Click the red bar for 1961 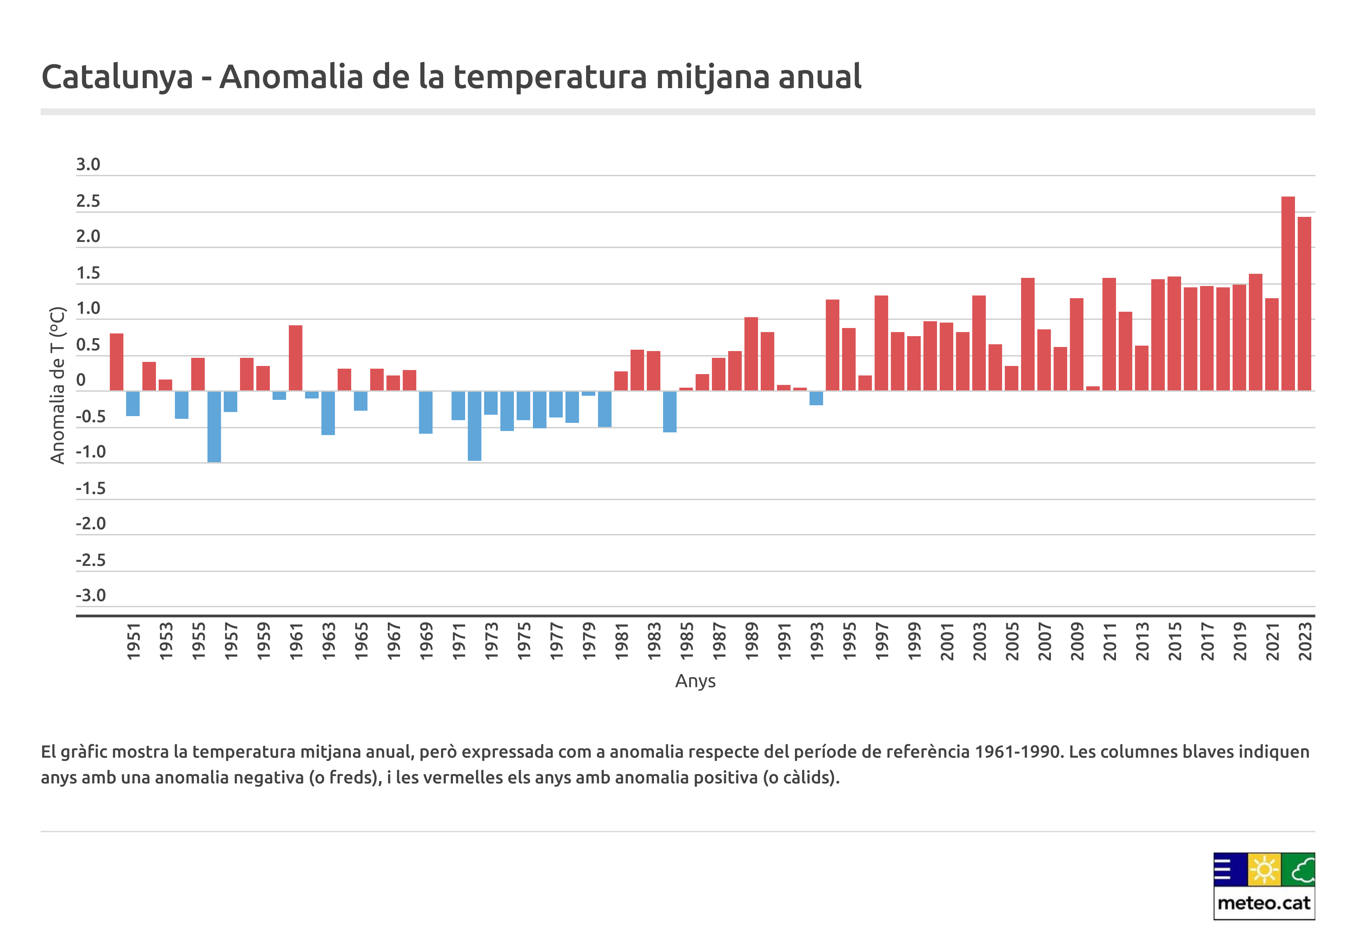coord(296,358)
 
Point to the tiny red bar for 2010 coord(1093,388)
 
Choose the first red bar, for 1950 coord(117,362)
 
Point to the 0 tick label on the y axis coord(81,380)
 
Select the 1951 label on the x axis coord(134,641)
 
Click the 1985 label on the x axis coord(686,641)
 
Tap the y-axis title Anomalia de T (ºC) coord(57,385)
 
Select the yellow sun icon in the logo coord(1264,869)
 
